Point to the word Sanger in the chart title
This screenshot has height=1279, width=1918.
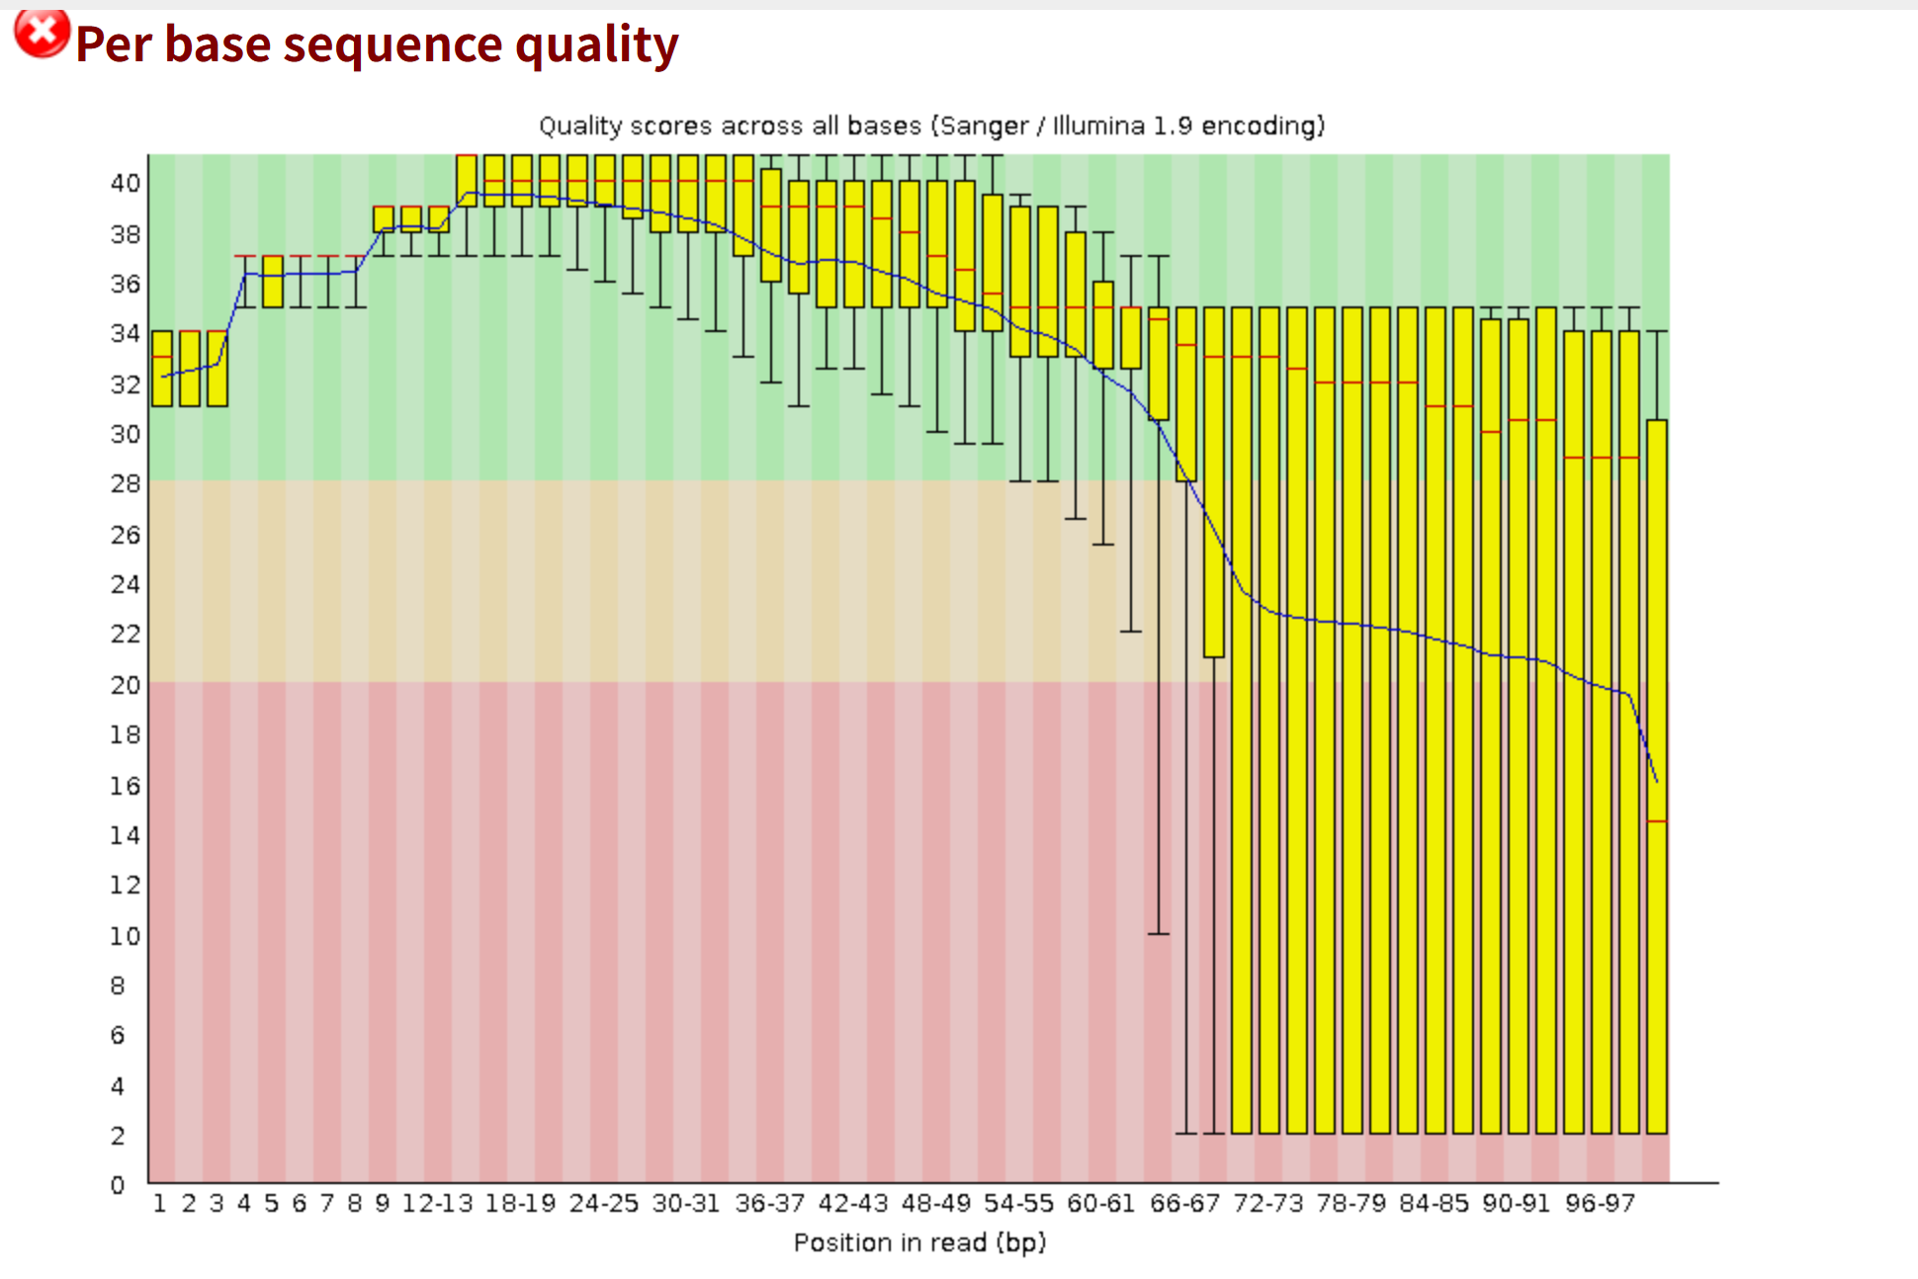coord(985,127)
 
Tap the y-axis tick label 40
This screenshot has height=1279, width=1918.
coord(126,183)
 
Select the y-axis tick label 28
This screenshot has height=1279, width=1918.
coord(126,483)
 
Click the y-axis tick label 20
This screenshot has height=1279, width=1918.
coord(126,685)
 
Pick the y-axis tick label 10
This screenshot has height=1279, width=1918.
coord(126,936)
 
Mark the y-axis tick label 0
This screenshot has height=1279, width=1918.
coord(118,1185)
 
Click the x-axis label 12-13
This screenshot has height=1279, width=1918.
coord(437,1204)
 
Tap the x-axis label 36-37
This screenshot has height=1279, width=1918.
coord(770,1204)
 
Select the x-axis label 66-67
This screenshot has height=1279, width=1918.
coord(1184,1204)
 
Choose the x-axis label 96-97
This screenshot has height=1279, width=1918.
coord(1600,1204)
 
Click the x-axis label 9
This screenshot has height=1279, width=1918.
coord(383,1204)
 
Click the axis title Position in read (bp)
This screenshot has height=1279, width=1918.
coord(919,1242)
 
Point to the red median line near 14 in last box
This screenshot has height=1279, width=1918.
coord(1657,821)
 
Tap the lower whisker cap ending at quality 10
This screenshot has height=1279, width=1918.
coord(1159,933)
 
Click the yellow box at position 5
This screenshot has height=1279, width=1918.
coord(273,282)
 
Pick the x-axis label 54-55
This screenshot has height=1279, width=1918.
coord(1018,1204)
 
